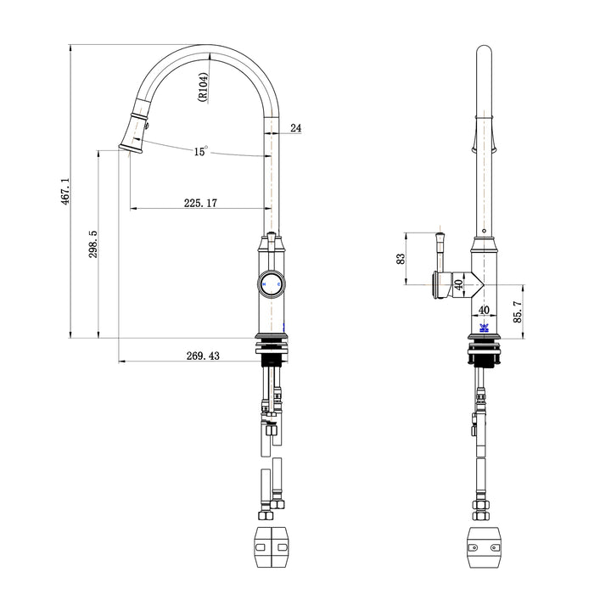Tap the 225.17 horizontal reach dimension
(x=200, y=203)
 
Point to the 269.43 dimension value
(x=202, y=356)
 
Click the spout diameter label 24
(x=295, y=128)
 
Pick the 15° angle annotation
(x=200, y=151)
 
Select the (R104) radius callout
(x=203, y=87)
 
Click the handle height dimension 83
(x=401, y=258)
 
